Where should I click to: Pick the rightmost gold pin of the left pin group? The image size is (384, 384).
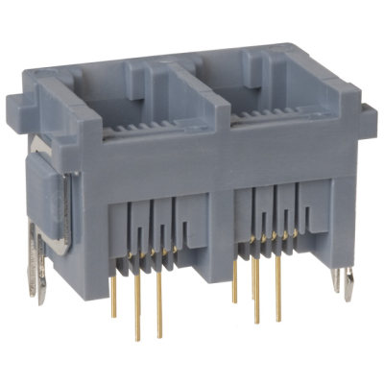click(159, 305)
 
